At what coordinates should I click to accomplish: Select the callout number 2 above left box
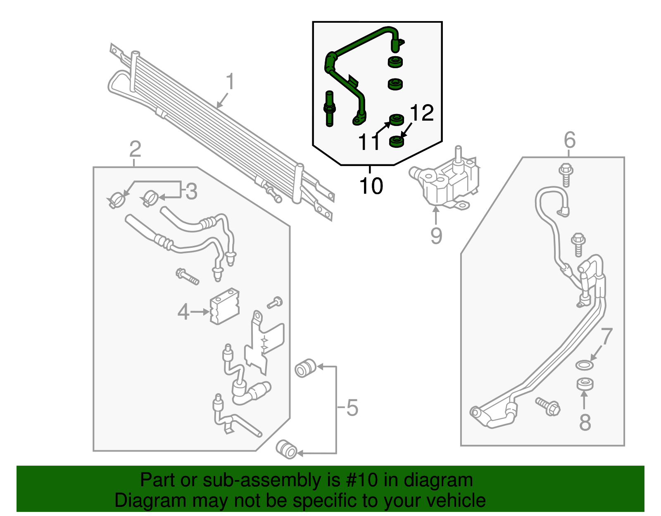(x=135, y=149)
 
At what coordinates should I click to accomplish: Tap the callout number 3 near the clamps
(x=191, y=191)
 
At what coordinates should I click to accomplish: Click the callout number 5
(x=352, y=408)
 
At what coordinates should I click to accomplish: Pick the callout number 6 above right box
(x=569, y=140)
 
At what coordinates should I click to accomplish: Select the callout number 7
(x=606, y=337)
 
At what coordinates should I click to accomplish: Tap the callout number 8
(x=585, y=422)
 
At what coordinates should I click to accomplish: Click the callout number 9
(x=436, y=236)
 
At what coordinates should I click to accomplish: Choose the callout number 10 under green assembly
(x=371, y=186)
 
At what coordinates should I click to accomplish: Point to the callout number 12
(x=422, y=113)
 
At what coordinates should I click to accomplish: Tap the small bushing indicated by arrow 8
(x=585, y=384)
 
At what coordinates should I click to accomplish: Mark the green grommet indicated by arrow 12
(x=397, y=142)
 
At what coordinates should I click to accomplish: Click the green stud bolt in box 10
(x=329, y=108)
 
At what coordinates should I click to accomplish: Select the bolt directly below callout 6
(x=566, y=174)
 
